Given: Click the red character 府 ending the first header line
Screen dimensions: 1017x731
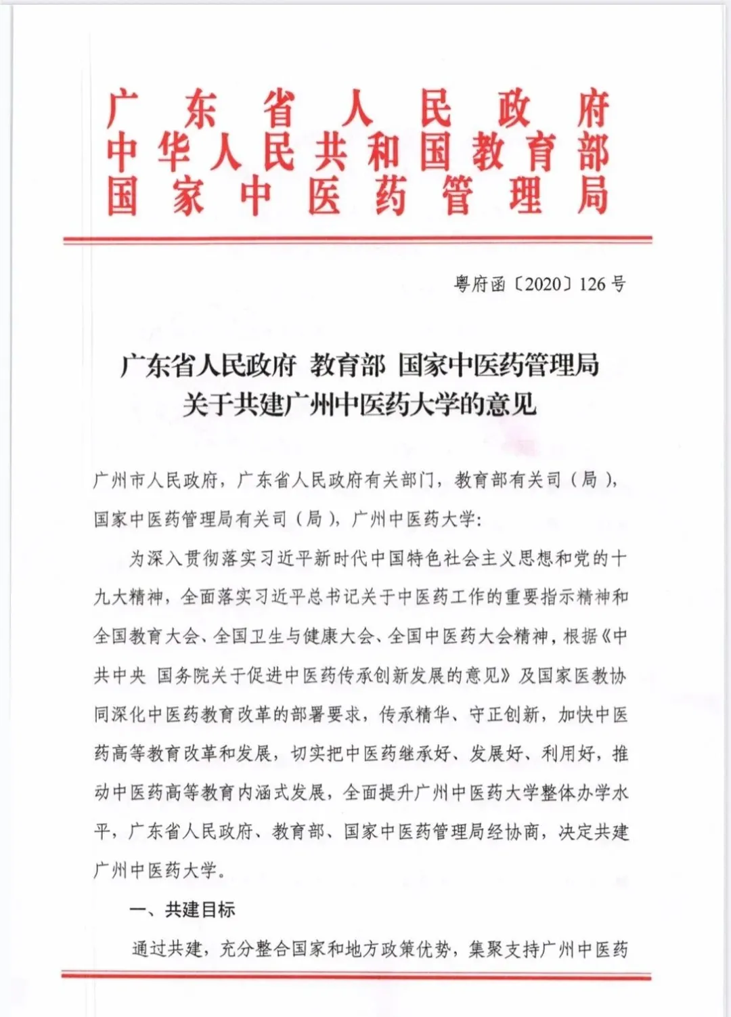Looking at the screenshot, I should (593, 108).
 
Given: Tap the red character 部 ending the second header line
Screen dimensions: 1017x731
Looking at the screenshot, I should (593, 152).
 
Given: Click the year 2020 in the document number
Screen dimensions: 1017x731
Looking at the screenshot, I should (544, 284).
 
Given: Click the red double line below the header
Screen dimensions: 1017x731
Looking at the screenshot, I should (357, 240).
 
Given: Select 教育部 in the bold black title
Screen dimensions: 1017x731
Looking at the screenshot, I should (347, 366).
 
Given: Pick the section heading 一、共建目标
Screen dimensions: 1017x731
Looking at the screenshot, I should (182, 909).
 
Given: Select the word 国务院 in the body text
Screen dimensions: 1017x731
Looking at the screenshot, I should (183, 676).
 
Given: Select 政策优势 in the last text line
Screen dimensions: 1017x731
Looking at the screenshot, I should (416, 949).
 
